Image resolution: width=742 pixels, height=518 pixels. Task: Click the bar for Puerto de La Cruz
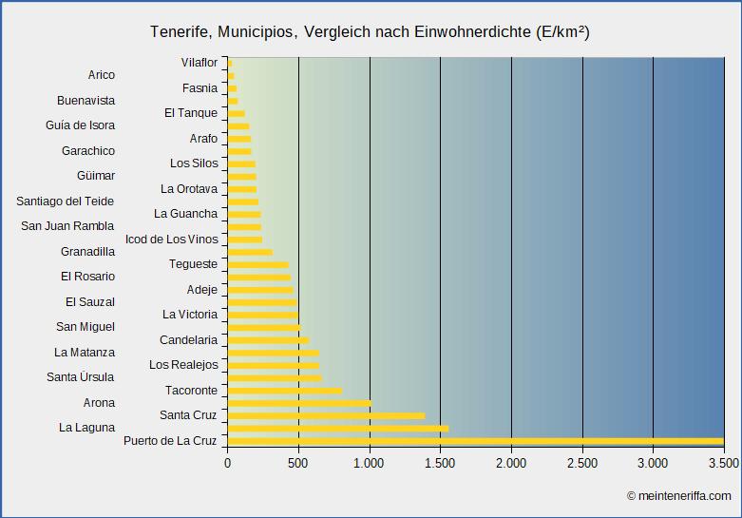tap(475, 441)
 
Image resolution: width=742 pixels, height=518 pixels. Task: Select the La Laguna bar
tap(337, 429)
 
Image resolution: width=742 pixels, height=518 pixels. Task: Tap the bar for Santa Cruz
tap(326, 415)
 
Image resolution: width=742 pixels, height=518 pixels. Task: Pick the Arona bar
tap(299, 403)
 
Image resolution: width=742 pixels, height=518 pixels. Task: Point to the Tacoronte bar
tap(284, 391)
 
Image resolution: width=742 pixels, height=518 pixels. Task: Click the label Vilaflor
tap(200, 63)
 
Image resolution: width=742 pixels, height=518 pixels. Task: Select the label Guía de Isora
tap(80, 125)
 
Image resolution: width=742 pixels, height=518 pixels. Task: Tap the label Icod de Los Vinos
tap(172, 239)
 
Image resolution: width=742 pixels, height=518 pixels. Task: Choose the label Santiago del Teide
tap(66, 201)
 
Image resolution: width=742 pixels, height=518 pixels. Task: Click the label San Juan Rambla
tap(67, 226)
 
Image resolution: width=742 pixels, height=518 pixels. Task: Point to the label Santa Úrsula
tap(81, 377)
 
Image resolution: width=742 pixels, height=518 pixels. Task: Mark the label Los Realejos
tap(183, 365)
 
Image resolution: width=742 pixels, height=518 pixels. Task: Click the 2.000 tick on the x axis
tap(511, 463)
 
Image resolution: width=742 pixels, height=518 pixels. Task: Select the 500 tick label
tap(298, 463)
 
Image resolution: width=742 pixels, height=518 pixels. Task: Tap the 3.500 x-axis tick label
tap(723, 463)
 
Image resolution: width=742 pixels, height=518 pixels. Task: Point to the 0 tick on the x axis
tap(228, 463)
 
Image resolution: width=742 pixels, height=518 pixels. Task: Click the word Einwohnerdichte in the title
tap(472, 32)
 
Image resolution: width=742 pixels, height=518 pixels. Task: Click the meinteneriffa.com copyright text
tap(678, 495)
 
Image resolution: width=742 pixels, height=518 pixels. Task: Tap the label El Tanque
tap(191, 113)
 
